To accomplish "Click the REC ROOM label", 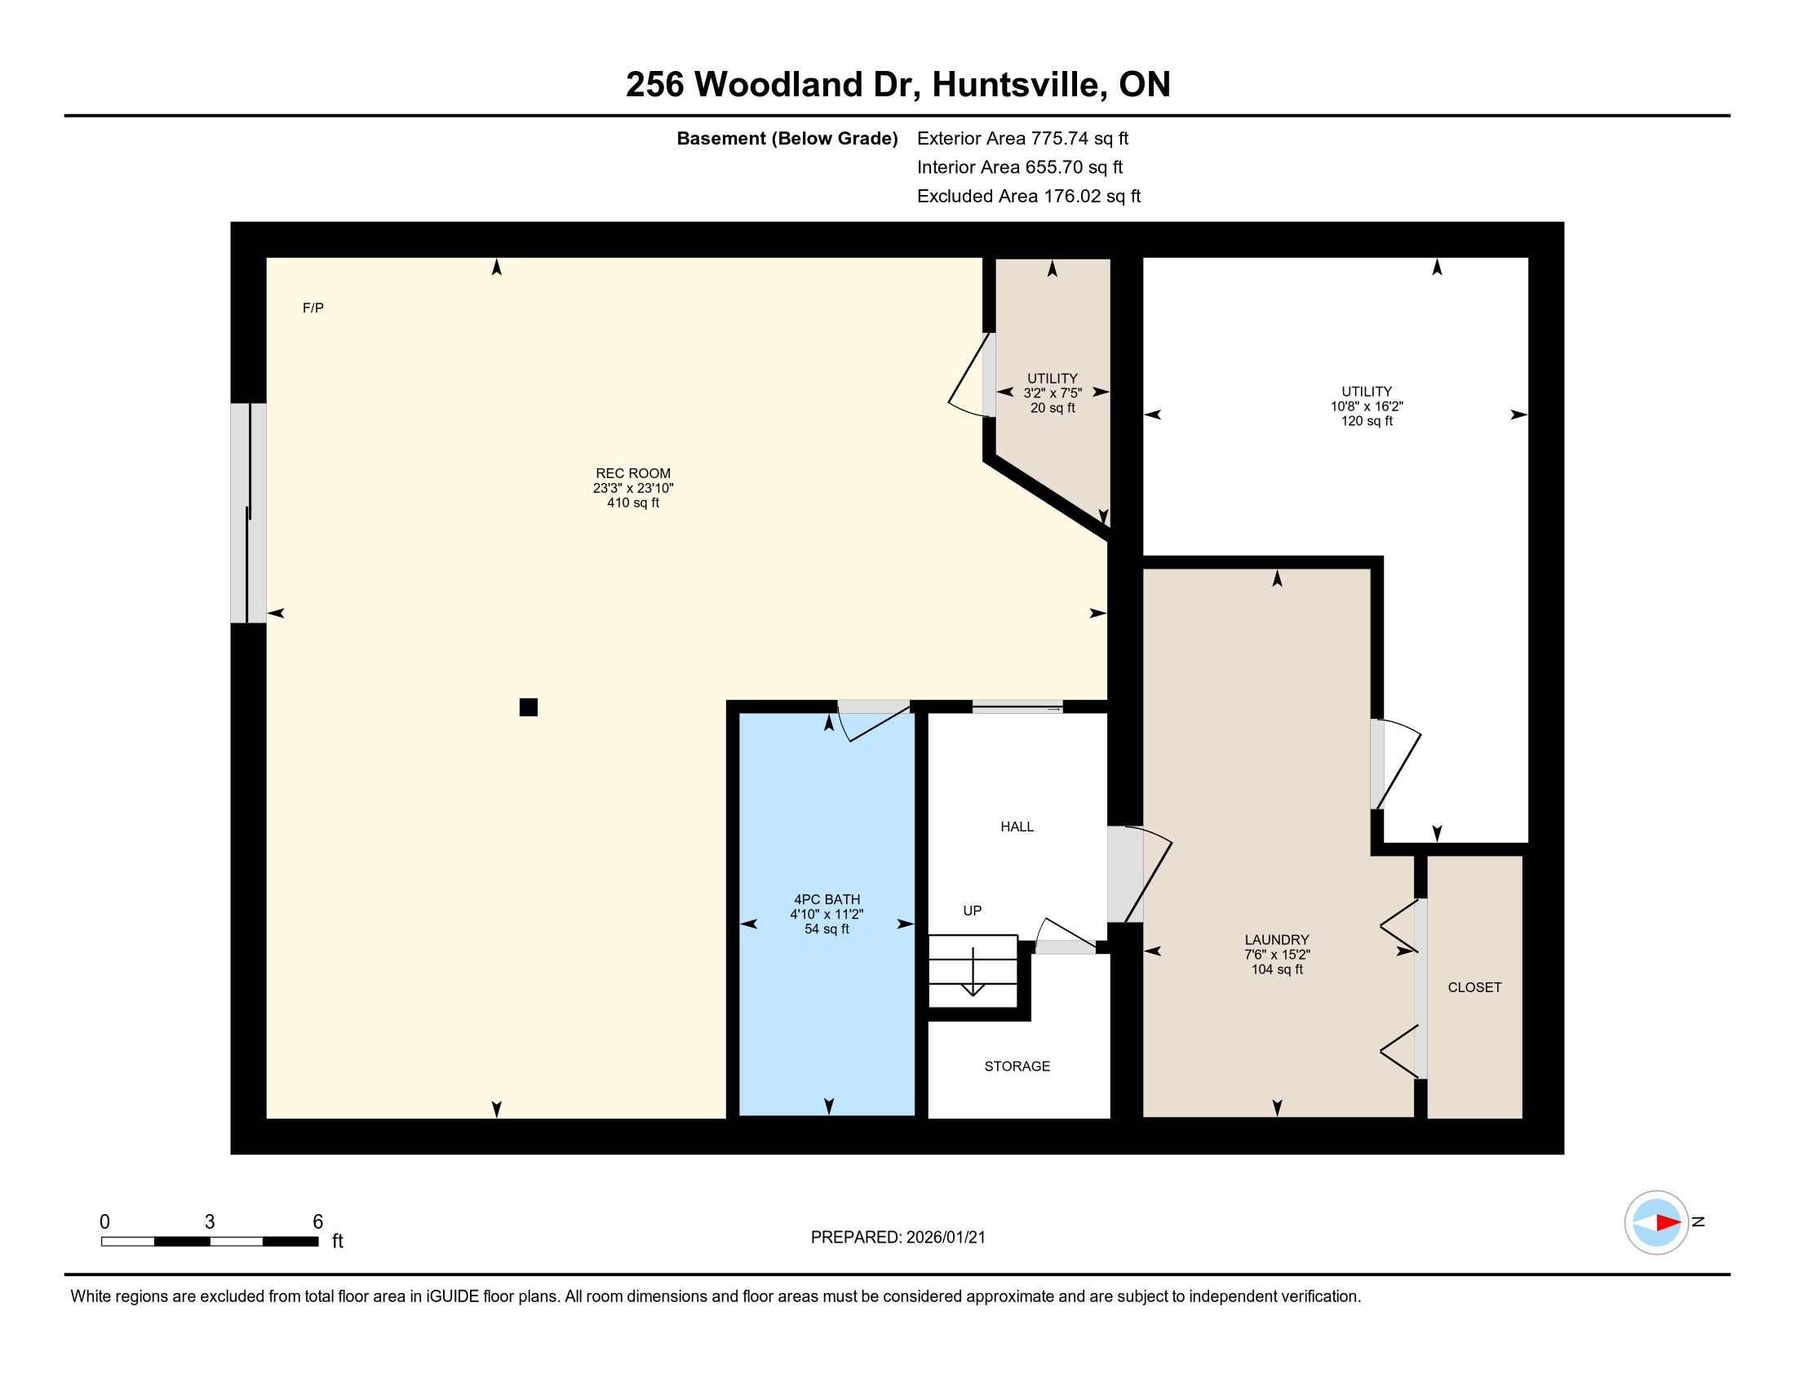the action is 633,473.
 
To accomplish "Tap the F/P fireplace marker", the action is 313,308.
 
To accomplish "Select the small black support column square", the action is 529,707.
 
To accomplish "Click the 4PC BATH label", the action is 827,900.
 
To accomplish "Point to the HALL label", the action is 1017,826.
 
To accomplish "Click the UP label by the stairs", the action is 973,911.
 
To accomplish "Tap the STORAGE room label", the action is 1017,1066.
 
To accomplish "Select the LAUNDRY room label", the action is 1276,940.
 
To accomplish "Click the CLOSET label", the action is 1474,988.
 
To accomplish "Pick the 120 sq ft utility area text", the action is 1367,422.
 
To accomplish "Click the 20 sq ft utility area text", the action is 1052,409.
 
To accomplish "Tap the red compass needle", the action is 1668,1223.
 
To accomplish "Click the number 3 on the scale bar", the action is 210,1222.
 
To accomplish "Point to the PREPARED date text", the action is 897,1238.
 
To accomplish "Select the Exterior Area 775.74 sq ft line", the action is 1022,139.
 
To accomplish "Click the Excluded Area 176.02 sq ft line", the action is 1028,197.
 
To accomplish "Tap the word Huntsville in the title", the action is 1016,85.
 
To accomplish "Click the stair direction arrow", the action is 973,971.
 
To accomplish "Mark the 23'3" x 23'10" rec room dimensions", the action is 633,488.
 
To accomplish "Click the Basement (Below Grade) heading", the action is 787,139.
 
